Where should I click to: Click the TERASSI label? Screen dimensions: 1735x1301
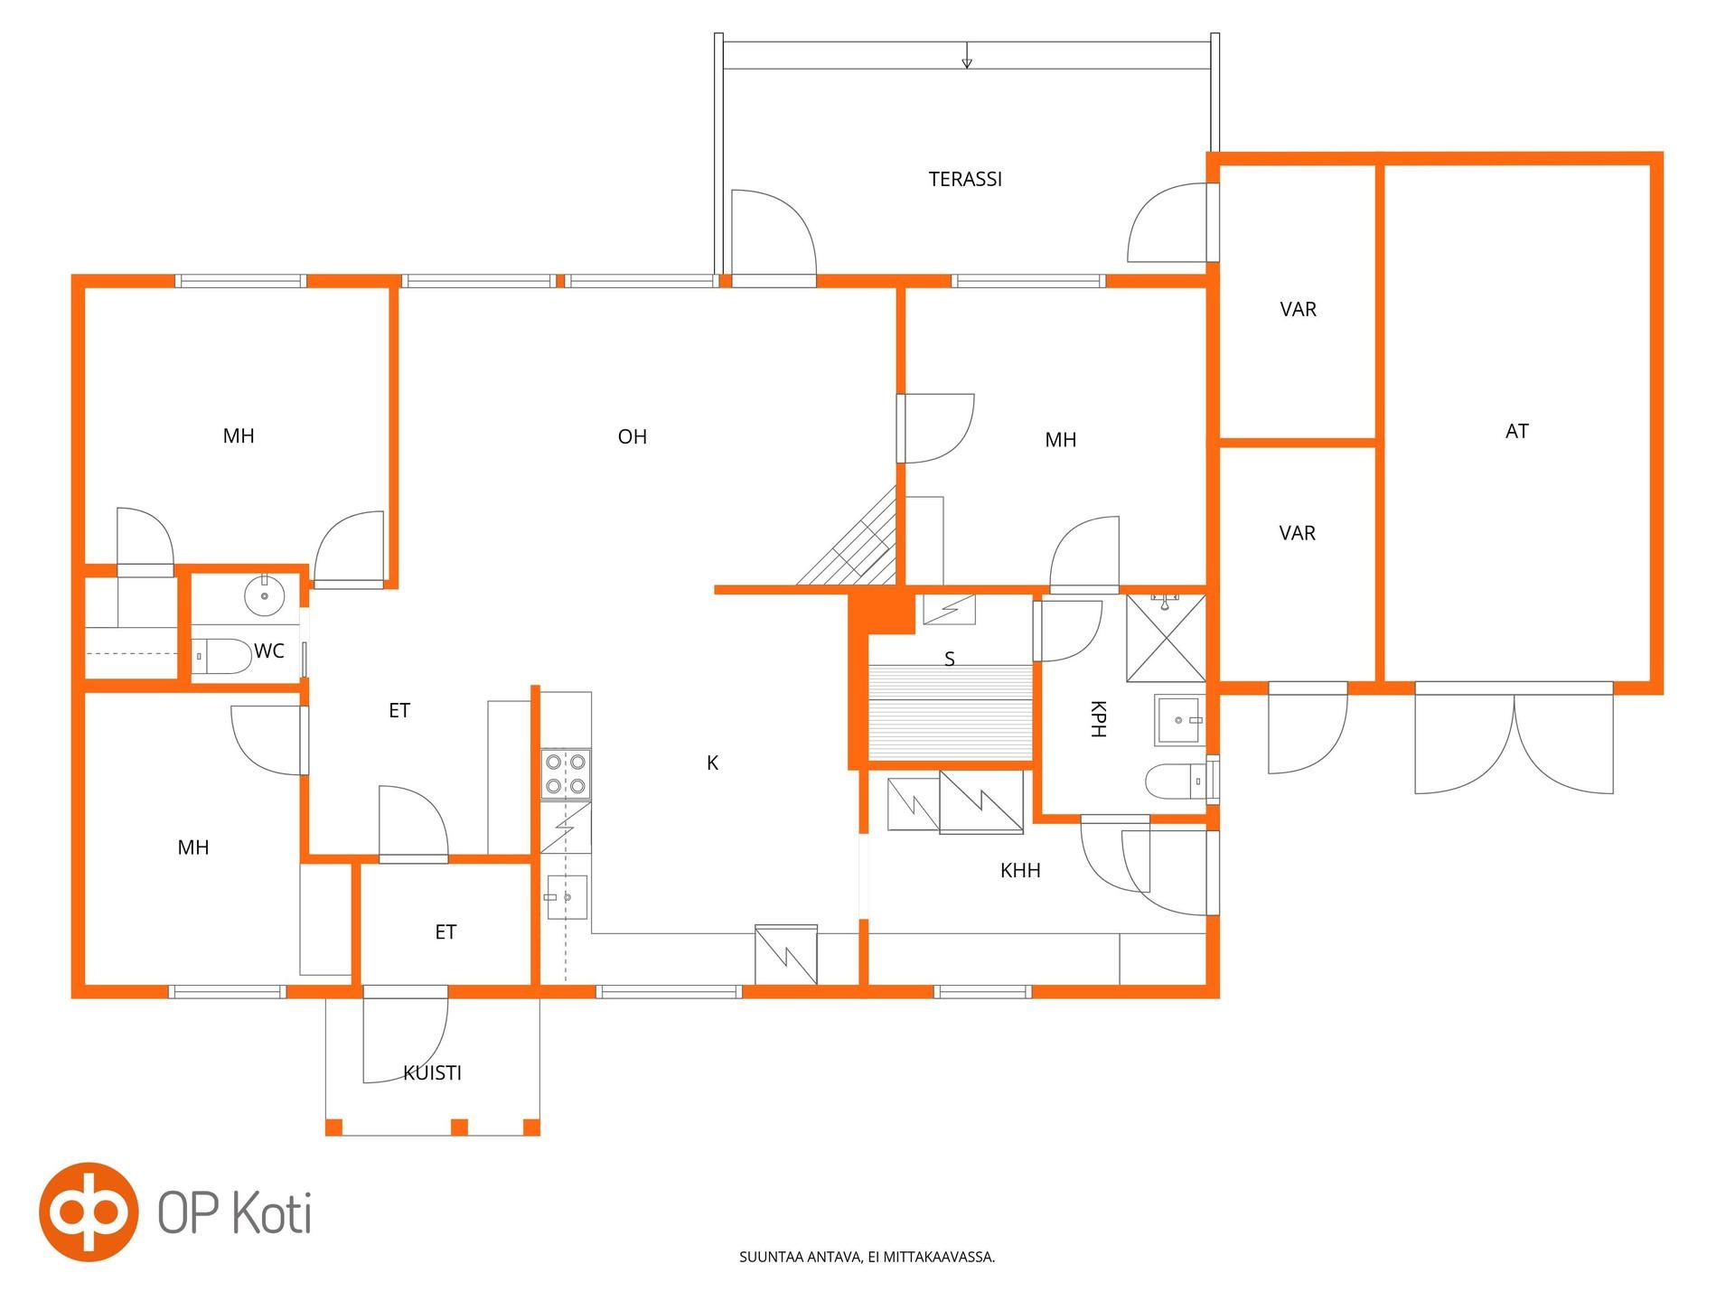(x=965, y=179)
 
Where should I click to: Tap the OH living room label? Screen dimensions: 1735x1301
(x=632, y=436)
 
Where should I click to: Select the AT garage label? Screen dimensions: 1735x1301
(x=1516, y=431)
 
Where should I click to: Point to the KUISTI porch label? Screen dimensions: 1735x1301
(x=432, y=1072)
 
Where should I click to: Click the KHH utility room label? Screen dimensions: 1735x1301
(x=1020, y=870)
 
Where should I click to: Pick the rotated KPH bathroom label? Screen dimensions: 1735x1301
(x=1098, y=718)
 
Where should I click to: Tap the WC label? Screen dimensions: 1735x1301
(x=269, y=650)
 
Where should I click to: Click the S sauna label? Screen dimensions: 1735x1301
(x=950, y=659)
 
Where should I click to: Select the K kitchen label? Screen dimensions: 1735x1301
(x=712, y=763)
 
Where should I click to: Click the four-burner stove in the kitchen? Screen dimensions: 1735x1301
(x=566, y=774)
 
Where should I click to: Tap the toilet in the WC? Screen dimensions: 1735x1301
(x=221, y=656)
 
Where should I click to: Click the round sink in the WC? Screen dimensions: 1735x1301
(x=265, y=595)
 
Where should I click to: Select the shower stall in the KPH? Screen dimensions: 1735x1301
(x=1166, y=638)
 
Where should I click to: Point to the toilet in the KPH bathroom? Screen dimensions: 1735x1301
(x=1176, y=781)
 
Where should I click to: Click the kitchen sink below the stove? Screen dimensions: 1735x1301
(x=566, y=897)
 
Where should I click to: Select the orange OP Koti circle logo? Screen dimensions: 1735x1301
(x=89, y=1212)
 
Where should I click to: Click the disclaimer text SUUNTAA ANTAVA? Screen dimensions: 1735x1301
(x=800, y=1257)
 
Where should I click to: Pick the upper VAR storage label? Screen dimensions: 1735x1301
(x=1298, y=309)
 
